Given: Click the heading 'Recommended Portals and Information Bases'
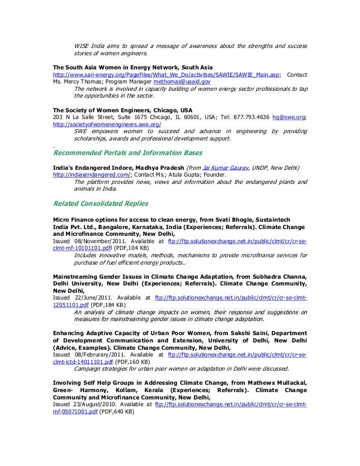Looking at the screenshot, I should (x=127, y=152).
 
